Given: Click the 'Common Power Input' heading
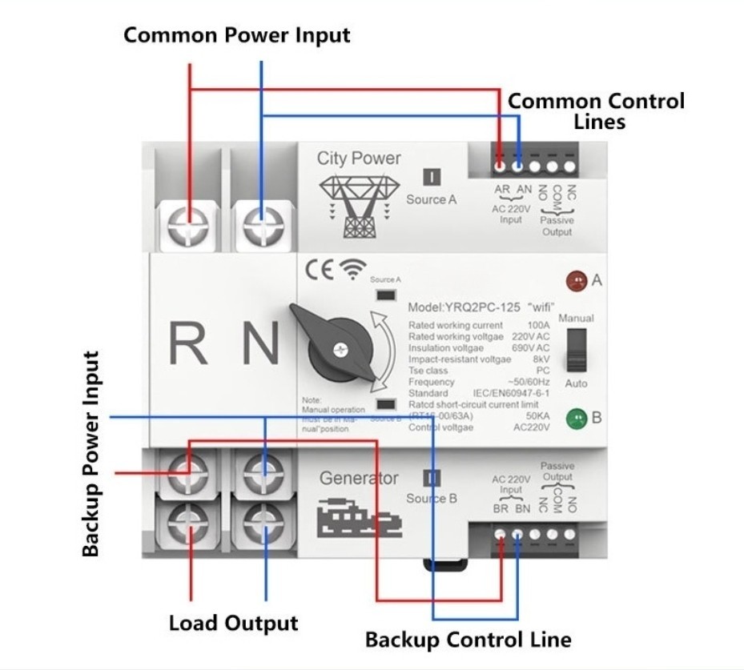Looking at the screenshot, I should (x=236, y=36).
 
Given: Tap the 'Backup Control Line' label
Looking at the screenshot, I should (x=468, y=640).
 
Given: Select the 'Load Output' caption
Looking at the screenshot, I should (x=233, y=623).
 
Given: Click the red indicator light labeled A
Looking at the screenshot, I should (x=574, y=281).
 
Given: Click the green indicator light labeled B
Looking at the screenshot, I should (x=574, y=418).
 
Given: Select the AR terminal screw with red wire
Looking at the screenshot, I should (x=501, y=168).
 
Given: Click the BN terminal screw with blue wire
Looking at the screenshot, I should (x=518, y=534).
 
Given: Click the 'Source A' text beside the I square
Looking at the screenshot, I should (x=431, y=199).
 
